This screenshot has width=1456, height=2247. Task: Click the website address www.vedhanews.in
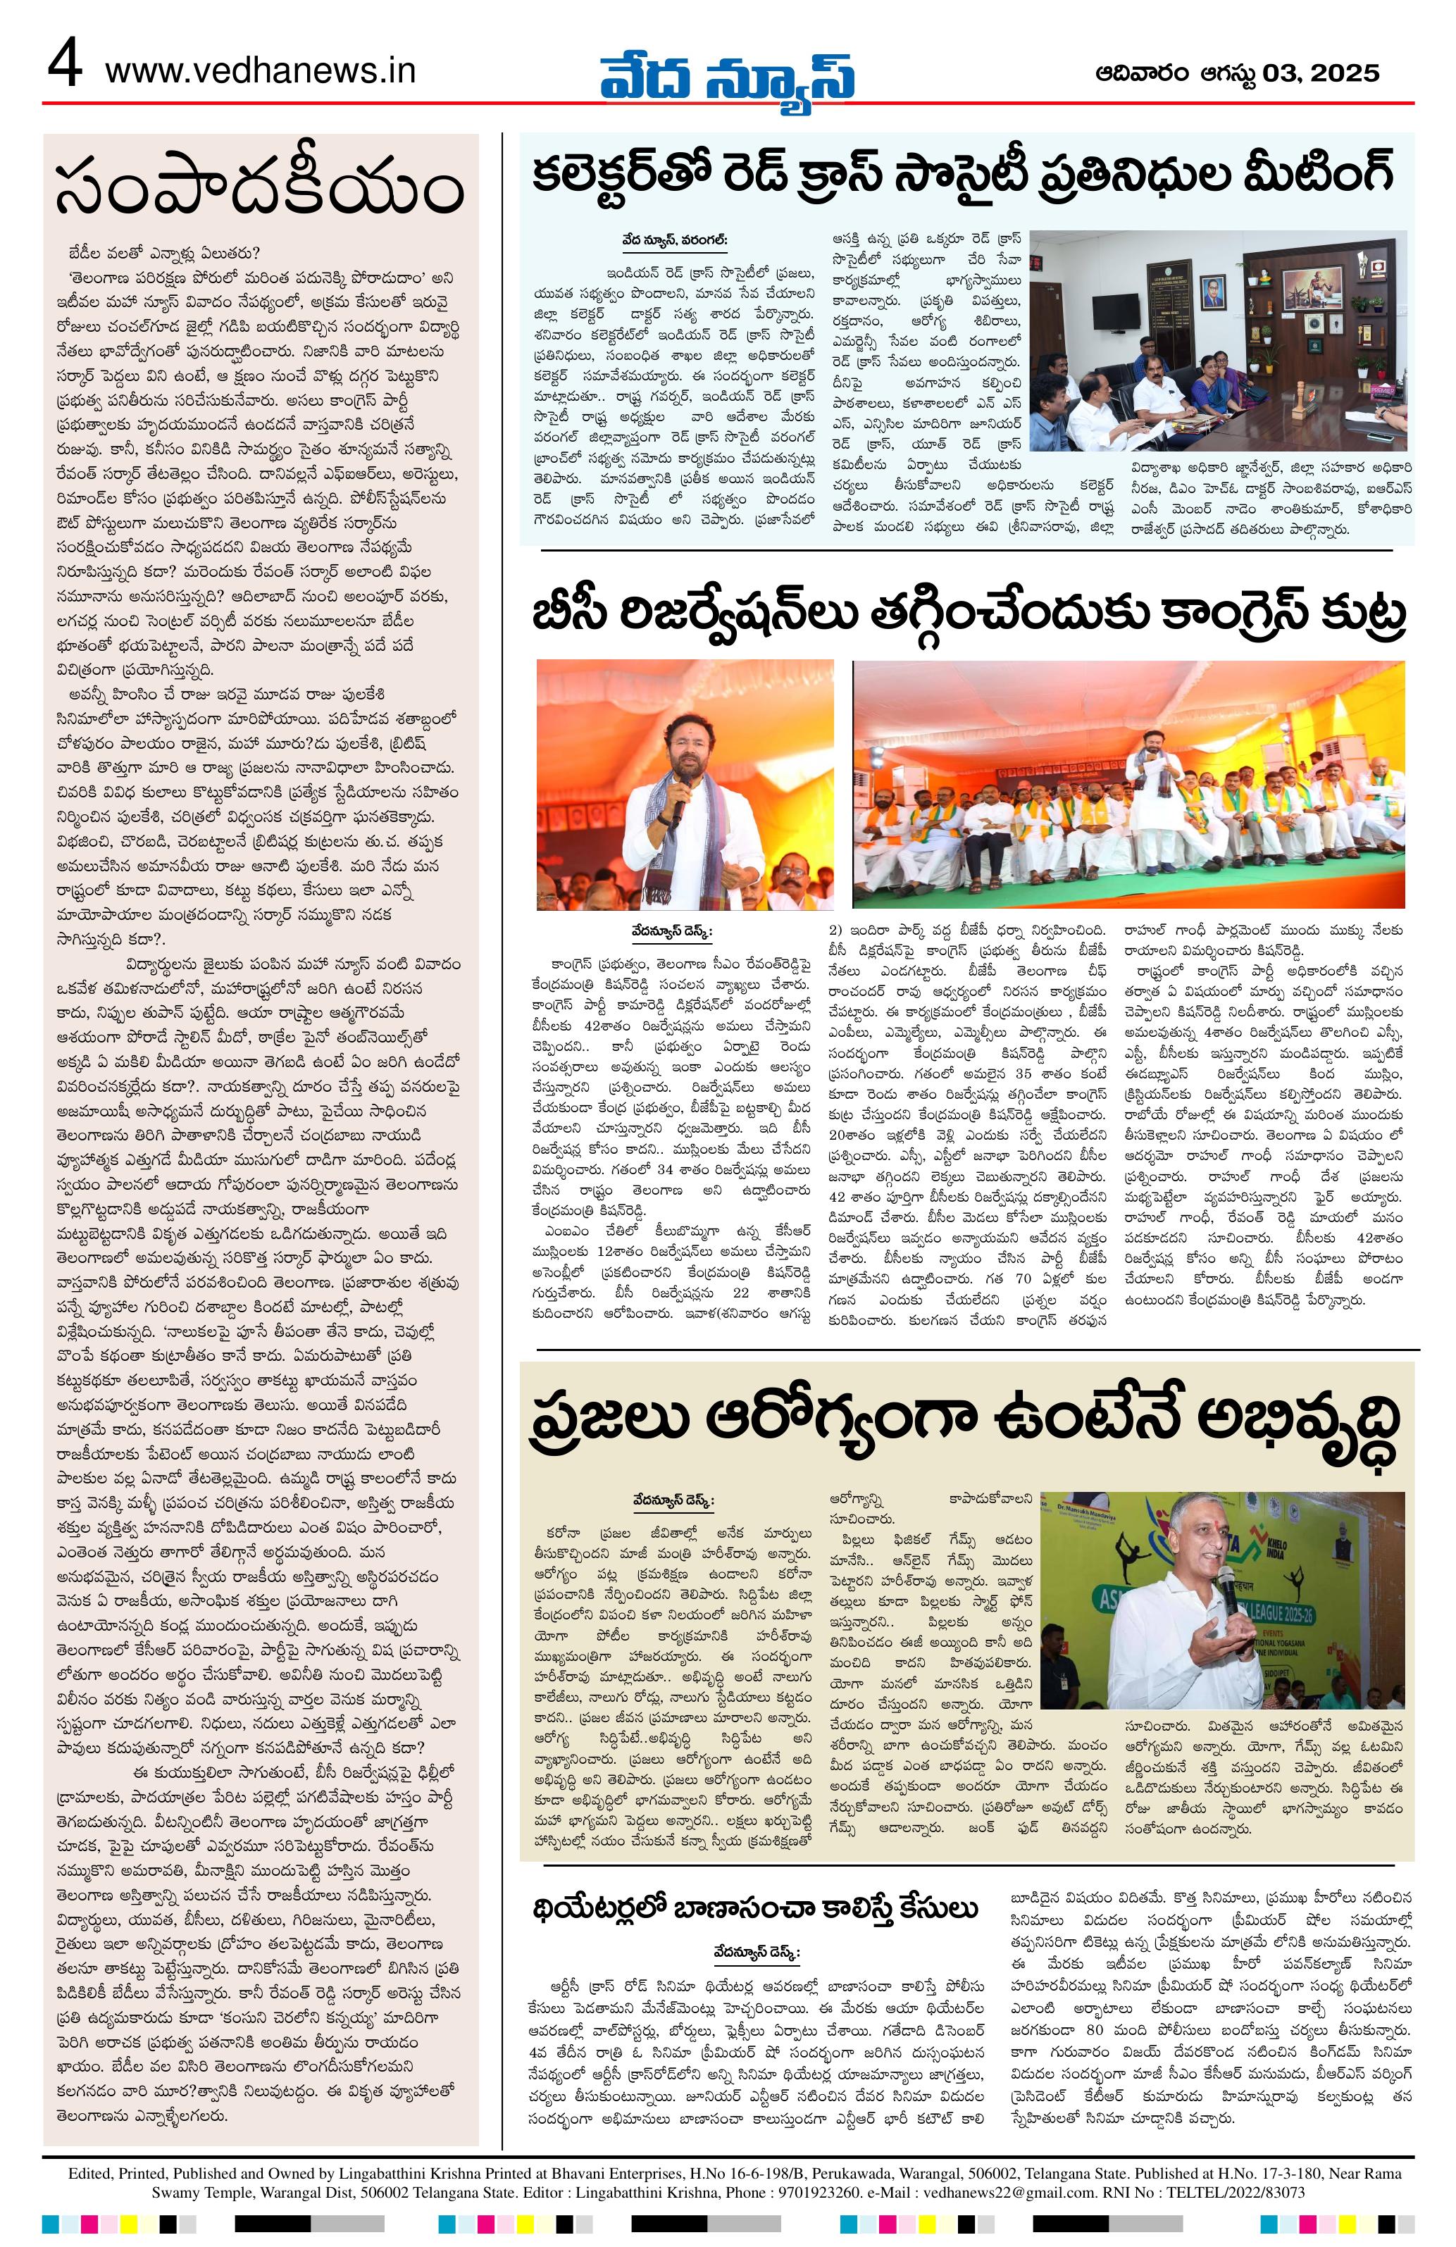[x=260, y=72]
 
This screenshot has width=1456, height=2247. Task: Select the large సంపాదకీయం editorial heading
[x=260, y=189]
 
